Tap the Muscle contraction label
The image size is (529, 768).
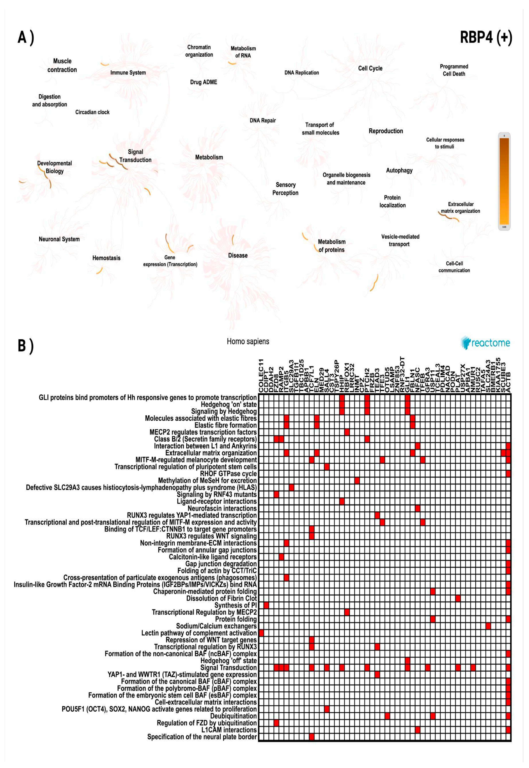pyautogui.click(x=62, y=65)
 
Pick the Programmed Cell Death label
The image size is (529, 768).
pyautogui.click(x=454, y=70)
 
